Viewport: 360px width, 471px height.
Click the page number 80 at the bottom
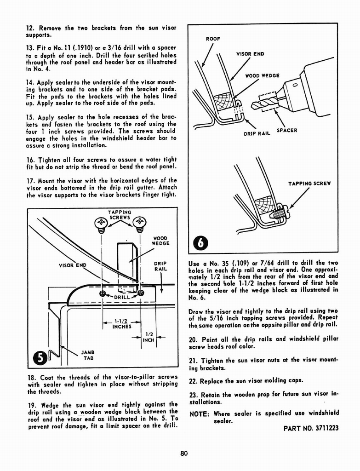[184, 453]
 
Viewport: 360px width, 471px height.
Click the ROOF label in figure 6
[213, 39]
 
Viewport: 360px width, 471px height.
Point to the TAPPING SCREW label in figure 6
[309, 184]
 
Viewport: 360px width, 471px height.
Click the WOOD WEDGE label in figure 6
[262, 75]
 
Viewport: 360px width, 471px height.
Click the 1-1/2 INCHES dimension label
[122, 324]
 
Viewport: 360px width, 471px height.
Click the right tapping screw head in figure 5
[139, 224]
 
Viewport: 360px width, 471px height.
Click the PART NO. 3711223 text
[311, 428]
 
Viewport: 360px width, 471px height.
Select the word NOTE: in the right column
[200, 413]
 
